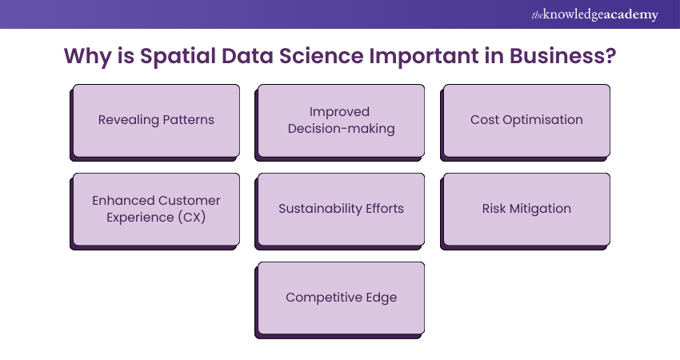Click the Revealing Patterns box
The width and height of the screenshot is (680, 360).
pyautogui.click(x=156, y=120)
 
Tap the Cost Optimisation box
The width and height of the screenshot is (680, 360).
pyautogui.click(x=526, y=120)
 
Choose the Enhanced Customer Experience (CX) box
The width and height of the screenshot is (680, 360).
pyautogui.click(x=156, y=209)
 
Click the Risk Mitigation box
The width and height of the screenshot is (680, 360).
pyautogui.click(x=526, y=209)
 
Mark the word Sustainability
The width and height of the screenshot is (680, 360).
pyautogui.click(x=318, y=209)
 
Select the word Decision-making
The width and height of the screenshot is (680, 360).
pyautogui.click(x=342, y=129)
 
